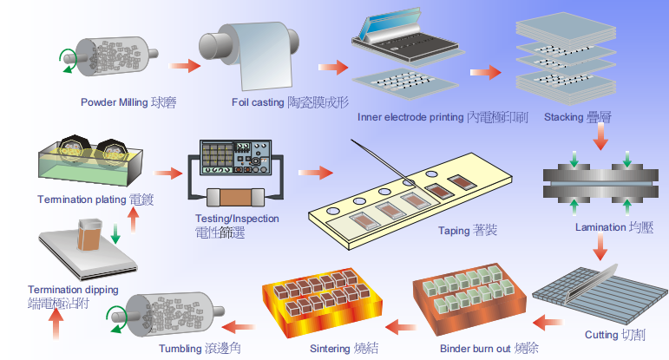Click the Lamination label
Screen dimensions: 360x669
[612, 228]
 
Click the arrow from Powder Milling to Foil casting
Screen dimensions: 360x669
[183, 66]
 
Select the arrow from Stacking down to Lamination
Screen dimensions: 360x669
[598, 140]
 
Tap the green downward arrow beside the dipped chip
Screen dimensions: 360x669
[115, 233]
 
